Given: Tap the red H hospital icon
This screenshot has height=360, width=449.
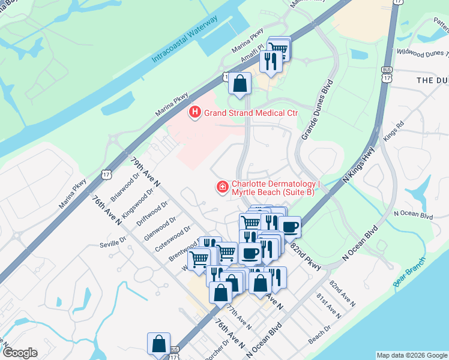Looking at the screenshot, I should [x=194, y=112].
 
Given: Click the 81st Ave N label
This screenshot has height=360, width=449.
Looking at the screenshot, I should [x=328, y=307].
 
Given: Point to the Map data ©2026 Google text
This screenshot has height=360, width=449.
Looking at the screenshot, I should [x=411, y=355].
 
